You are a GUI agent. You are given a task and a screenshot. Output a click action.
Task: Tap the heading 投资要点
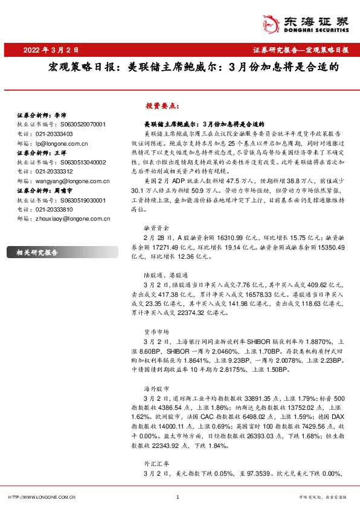click(162, 105)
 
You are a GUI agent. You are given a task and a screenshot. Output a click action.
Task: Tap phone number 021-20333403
click(54, 134)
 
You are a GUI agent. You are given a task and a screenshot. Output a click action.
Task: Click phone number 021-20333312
click(54, 172)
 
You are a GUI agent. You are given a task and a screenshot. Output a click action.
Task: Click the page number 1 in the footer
click(178, 497)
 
